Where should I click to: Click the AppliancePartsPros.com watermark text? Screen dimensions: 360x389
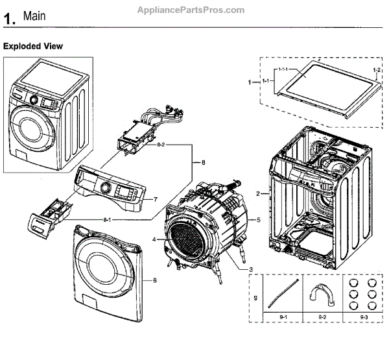pos(191,10)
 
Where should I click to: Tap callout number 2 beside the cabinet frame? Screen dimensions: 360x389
pos(257,193)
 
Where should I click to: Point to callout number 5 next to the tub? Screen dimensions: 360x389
pos(258,220)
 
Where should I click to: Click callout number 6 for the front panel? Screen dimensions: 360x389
pos(155,280)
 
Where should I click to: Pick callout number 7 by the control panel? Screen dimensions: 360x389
pos(155,199)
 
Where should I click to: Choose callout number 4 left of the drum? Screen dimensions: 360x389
pos(154,240)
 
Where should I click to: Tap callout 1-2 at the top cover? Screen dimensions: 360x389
pos(377,69)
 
